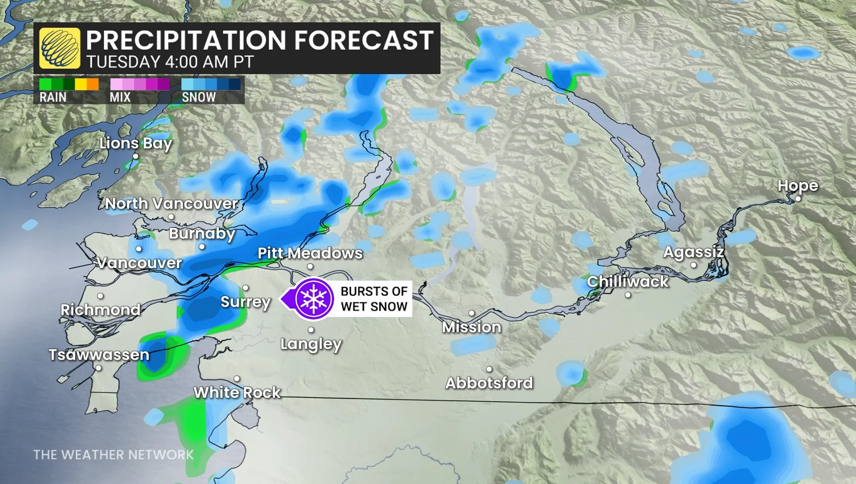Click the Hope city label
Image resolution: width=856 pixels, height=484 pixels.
pyautogui.click(x=797, y=186)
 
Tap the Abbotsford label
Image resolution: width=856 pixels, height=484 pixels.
pyautogui.click(x=489, y=383)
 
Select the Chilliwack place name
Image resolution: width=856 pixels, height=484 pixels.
pyautogui.click(x=627, y=281)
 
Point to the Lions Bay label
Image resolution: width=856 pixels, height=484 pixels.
pyautogui.click(x=136, y=143)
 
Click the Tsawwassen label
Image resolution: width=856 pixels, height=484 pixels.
pyautogui.click(x=99, y=355)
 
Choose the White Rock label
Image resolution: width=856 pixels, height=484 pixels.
pyautogui.click(x=237, y=392)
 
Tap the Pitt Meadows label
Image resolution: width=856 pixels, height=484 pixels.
pyautogui.click(x=310, y=253)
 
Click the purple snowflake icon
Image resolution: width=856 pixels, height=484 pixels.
pyautogui.click(x=313, y=299)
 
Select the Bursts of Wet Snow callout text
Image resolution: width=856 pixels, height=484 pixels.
pyautogui.click(x=374, y=299)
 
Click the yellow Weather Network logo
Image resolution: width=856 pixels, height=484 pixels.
pyautogui.click(x=60, y=48)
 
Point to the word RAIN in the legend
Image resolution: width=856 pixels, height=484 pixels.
pyautogui.click(x=53, y=97)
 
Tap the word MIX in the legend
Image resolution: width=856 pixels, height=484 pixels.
pyautogui.click(x=120, y=97)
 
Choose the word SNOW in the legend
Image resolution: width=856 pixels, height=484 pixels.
pyautogui.click(x=199, y=97)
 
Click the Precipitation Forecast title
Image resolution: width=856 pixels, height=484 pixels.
pyautogui.click(x=259, y=40)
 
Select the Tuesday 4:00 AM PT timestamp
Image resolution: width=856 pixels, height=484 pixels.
pyautogui.click(x=170, y=62)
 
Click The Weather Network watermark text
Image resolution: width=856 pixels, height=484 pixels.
pyautogui.click(x=114, y=455)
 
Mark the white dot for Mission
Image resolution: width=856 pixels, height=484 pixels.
pyautogui.click(x=471, y=313)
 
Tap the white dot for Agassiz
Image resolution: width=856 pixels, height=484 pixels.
pyautogui.click(x=693, y=265)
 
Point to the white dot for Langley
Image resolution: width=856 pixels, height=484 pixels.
pyautogui.click(x=311, y=330)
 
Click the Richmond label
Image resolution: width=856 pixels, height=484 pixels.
pyautogui.click(x=100, y=310)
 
